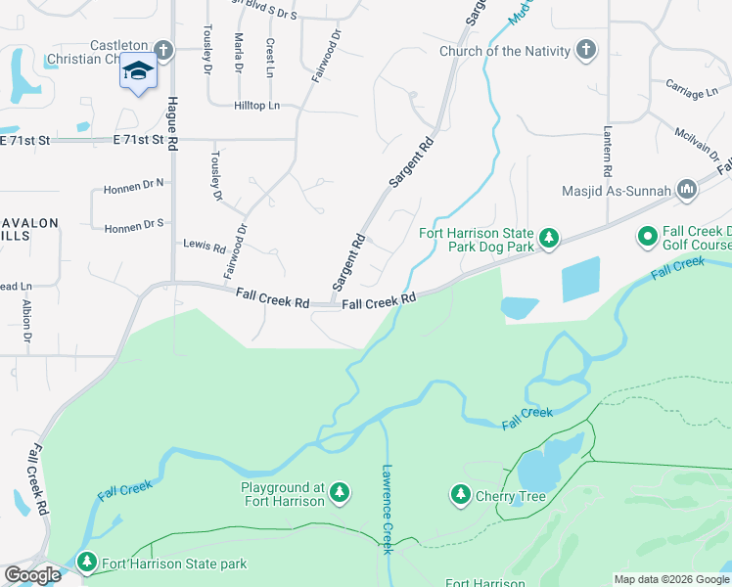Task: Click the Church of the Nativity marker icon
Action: click(586, 51)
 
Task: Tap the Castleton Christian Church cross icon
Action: click(163, 49)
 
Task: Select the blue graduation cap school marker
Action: click(138, 72)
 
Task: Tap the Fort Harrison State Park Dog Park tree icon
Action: click(549, 237)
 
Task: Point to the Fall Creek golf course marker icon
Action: click(647, 236)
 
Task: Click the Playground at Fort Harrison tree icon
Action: click(340, 492)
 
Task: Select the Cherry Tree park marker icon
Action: click(461, 495)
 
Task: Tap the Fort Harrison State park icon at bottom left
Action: click(88, 563)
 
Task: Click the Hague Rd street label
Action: click(172, 122)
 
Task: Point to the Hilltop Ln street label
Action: click(256, 105)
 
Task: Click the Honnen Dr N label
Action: click(133, 183)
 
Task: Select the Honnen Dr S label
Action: click(133, 225)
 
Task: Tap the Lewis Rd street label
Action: click(205, 246)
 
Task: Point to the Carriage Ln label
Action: click(691, 92)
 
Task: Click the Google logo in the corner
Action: click(32, 575)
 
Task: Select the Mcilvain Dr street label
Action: click(697, 145)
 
